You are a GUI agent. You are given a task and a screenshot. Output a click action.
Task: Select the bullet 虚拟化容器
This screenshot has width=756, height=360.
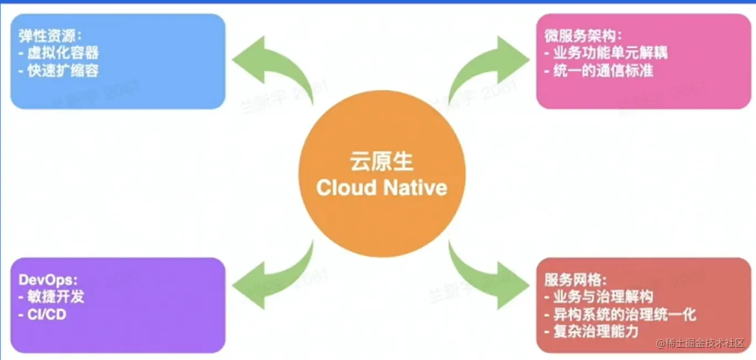63,54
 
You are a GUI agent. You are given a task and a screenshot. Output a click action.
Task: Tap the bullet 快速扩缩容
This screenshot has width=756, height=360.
63,71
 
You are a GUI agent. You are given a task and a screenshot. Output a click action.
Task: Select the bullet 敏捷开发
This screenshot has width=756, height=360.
56,297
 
